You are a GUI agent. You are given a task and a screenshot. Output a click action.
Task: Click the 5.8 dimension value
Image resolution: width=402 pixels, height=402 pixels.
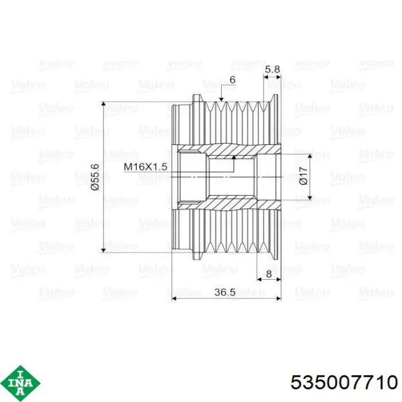pos(272,69)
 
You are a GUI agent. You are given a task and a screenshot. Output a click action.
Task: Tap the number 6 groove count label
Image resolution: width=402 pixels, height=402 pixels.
pos(232,80)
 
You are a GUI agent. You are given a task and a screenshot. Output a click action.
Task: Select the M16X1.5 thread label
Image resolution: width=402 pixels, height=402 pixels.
pos(145,167)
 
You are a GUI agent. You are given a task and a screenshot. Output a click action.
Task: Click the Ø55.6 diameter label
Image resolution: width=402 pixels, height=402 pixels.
pos(95,177)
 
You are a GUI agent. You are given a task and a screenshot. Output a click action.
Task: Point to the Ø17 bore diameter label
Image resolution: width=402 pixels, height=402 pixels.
pos(303,176)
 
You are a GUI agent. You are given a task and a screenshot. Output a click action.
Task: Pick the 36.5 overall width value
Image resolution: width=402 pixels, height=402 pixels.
pos(225,292)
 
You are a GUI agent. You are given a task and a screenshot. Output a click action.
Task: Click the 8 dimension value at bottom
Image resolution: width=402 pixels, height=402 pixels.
pos(269,274)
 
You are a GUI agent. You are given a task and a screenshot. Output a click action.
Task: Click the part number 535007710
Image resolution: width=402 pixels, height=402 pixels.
pos(344,382)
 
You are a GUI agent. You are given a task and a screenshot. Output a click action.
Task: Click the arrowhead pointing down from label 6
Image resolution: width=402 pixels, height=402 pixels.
pos(221,99)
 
